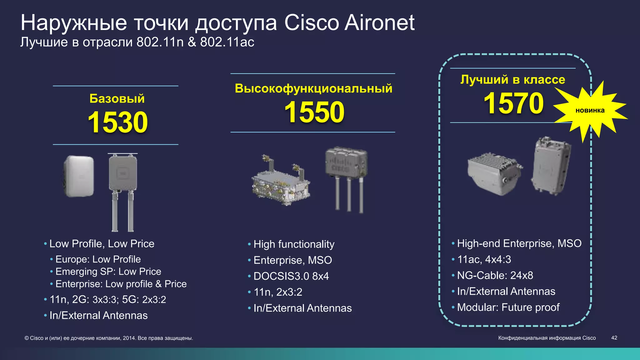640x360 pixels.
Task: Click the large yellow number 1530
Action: [x=118, y=122]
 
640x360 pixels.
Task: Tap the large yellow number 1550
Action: [x=314, y=112]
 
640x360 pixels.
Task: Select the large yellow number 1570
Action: [x=513, y=103]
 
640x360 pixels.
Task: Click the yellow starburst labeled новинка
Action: [x=590, y=111]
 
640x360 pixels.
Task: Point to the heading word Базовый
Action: [x=117, y=99]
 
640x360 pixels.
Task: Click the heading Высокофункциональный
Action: [x=313, y=88]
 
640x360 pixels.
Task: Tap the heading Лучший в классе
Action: [x=513, y=80]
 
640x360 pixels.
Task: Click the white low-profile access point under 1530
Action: [x=79, y=176]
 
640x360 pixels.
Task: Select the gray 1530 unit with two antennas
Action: [x=123, y=191]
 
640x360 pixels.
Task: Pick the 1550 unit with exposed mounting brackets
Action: [x=281, y=181]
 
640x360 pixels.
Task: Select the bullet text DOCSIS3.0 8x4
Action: [x=291, y=276]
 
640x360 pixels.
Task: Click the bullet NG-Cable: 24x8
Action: [x=495, y=275]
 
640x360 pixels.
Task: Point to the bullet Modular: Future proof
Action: [x=508, y=307]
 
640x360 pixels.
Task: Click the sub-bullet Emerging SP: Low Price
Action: [x=108, y=272]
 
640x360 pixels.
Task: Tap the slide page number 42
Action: [x=614, y=338]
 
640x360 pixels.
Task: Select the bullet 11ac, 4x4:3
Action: [x=484, y=259]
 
